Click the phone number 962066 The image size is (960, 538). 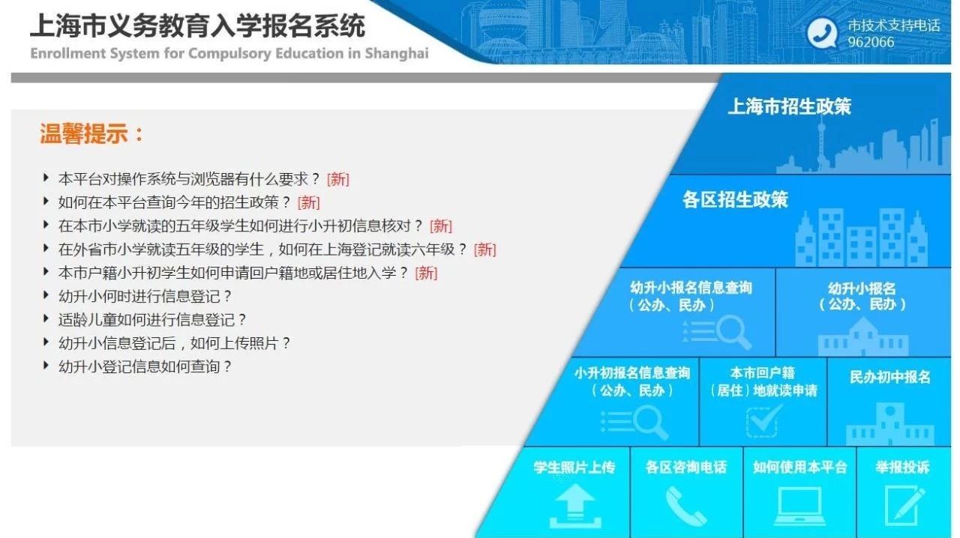[871, 42]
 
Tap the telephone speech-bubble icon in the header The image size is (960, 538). [821, 33]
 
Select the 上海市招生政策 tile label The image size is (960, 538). [790, 106]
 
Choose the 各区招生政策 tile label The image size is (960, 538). [735, 199]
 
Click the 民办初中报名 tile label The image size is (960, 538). [889, 377]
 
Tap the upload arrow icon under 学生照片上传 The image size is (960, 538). [575, 506]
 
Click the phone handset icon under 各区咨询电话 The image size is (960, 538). [686, 507]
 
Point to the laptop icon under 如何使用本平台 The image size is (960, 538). [799, 506]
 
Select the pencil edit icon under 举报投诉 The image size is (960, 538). [904, 506]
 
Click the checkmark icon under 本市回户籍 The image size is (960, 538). [763, 420]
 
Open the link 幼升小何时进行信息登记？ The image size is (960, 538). [145, 297]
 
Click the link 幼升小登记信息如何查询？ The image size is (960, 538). [145, 366]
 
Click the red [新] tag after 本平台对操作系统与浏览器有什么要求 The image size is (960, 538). [337, 179]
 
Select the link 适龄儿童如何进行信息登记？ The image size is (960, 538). [152, 320]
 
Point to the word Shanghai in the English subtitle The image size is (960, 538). [397, 53]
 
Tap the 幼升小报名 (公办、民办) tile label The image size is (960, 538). [862, 296]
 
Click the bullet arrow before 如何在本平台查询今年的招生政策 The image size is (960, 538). [46, 201]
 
